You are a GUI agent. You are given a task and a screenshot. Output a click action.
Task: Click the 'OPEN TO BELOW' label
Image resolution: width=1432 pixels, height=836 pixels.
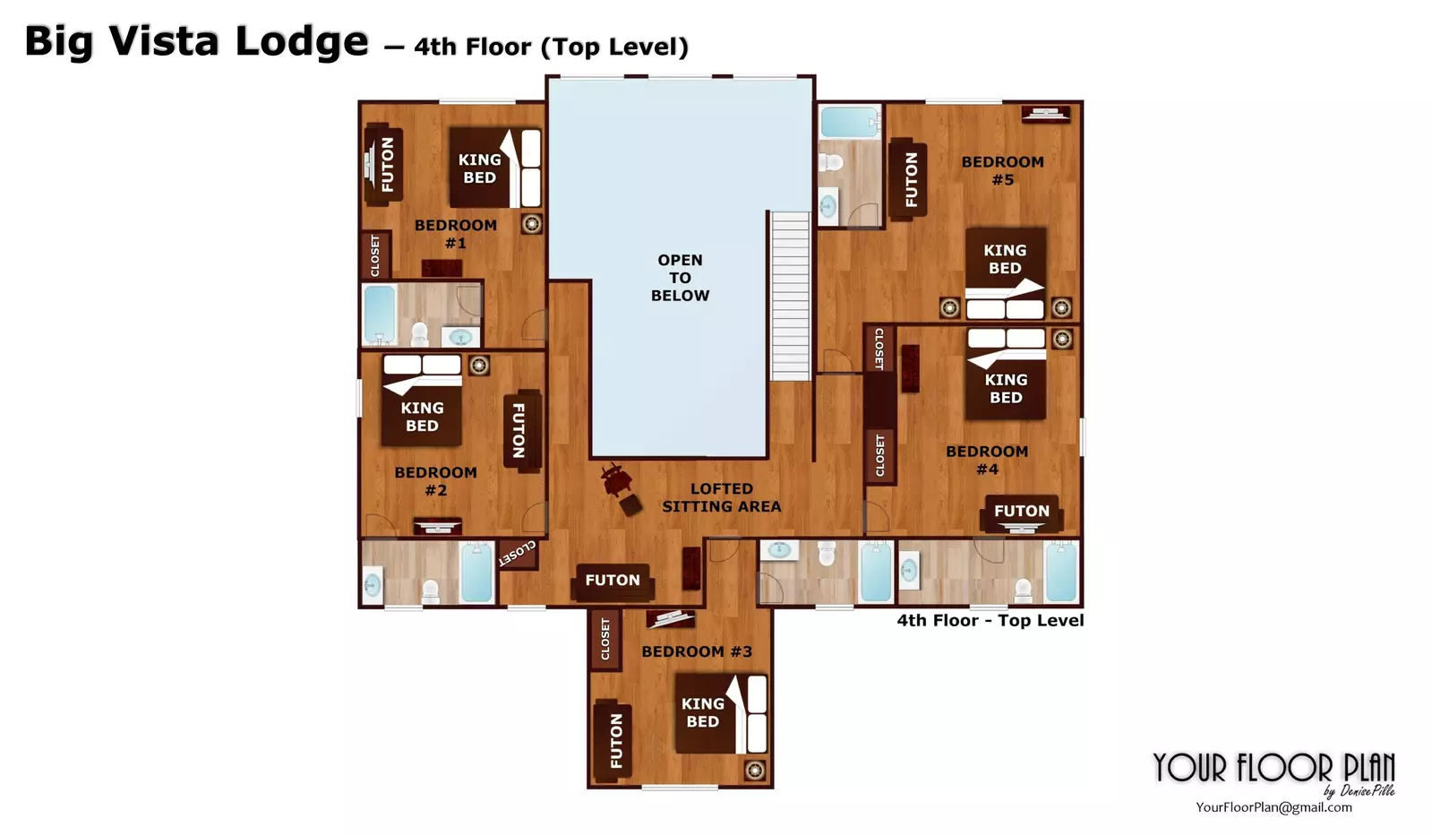680,278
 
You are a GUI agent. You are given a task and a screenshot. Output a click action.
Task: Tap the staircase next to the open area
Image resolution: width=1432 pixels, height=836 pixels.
790,296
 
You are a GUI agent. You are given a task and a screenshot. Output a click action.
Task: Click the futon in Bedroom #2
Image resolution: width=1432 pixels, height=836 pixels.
522,430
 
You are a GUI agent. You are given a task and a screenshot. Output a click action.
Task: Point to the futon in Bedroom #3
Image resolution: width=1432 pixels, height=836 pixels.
613,741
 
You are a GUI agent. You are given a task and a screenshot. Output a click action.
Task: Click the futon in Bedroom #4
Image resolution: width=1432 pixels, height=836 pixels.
1022,513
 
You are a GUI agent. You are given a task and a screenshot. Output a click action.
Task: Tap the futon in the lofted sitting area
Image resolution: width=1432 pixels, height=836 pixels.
613,581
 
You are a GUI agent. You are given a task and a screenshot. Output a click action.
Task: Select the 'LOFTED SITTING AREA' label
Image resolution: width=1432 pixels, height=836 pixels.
721,497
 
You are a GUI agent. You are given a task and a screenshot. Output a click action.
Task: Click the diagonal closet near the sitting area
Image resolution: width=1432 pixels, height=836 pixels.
518,553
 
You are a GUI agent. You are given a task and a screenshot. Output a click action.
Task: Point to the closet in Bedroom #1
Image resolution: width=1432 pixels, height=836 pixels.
375,255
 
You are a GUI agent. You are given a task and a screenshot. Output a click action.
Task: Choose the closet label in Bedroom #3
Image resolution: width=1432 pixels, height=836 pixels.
605,639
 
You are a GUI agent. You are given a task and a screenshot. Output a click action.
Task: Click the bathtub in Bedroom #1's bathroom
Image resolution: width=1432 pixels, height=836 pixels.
380,314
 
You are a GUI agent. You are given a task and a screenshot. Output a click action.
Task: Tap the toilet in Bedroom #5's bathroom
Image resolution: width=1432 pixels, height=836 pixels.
832,163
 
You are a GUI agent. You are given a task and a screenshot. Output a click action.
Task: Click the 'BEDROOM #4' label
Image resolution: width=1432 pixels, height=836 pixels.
987,460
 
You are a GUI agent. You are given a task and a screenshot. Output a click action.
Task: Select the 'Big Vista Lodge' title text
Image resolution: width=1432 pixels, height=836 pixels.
196,42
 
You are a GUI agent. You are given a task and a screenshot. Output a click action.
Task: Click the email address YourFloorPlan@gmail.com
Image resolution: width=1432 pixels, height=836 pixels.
1273,807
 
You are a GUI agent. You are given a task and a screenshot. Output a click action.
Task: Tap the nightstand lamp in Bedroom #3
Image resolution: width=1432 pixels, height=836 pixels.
755,770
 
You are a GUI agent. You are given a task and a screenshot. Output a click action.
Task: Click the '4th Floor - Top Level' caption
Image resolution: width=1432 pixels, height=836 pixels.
990,620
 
